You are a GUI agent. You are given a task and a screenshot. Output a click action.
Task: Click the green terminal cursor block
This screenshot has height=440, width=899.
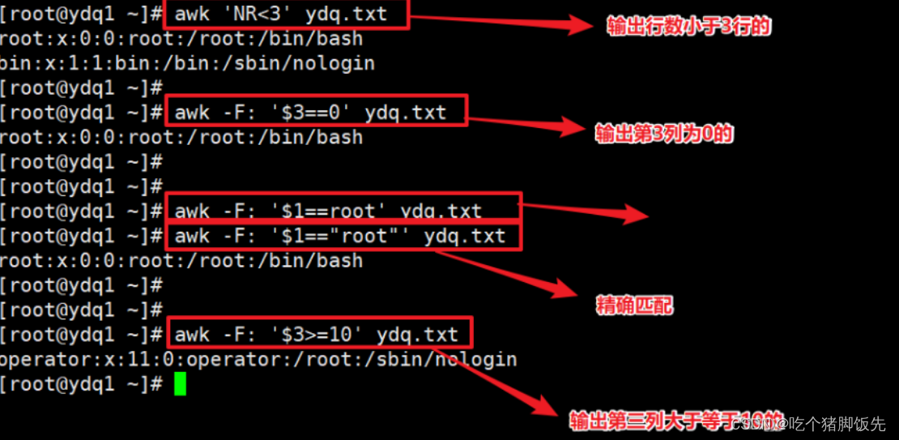point(180,383)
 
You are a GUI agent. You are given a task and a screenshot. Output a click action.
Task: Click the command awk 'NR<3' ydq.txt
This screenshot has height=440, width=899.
point(281,14)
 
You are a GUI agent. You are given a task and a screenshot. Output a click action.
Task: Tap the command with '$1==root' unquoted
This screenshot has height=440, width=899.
point(328,211)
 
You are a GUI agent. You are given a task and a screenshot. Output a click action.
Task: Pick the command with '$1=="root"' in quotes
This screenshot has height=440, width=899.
point(339,236)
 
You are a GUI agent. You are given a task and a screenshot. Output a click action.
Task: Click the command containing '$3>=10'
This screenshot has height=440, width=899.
point(316,334)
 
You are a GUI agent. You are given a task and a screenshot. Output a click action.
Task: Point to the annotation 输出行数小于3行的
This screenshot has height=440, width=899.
point(689,26)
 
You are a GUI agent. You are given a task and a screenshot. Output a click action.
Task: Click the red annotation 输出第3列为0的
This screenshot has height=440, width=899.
point(664,134)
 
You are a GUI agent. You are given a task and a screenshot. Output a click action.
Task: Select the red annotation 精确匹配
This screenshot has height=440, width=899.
point(634,305)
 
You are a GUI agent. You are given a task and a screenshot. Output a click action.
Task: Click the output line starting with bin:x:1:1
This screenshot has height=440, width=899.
point(186,63)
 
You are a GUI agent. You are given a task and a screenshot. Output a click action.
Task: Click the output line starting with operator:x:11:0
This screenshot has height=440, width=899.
point(258,359)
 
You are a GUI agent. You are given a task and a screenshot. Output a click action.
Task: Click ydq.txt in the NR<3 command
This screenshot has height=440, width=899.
point(347,14)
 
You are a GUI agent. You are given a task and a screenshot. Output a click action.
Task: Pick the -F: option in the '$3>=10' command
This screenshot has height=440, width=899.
point(239,334)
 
